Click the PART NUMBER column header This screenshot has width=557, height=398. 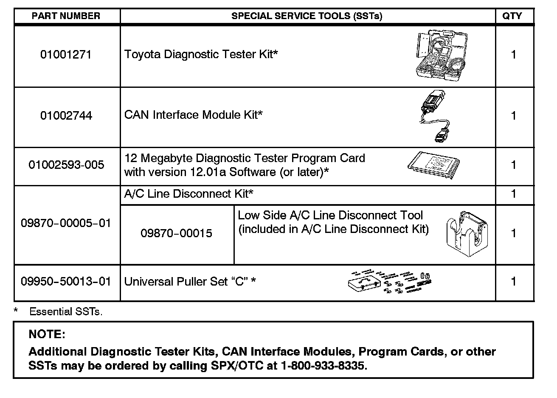click(66, 16)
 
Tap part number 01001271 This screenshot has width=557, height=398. click(66, 55)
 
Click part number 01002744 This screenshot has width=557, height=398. click(66, 115)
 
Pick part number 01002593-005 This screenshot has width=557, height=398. click(66, 165)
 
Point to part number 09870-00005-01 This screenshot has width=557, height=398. click(66, 223)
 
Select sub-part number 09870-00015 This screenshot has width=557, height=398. click(176, 233)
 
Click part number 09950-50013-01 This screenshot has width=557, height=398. click(66, 281)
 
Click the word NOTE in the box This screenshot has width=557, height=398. click(47, 334)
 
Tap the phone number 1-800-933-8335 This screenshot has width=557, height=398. click(322, 366)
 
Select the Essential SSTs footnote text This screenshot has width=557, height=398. click(66, 312)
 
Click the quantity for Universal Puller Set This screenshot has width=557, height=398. click(514, 281)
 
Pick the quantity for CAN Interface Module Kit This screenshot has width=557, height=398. click(514, 115)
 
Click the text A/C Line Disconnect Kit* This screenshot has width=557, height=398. click(188, 194)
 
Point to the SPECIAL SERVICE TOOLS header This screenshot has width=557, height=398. click(307, 16)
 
